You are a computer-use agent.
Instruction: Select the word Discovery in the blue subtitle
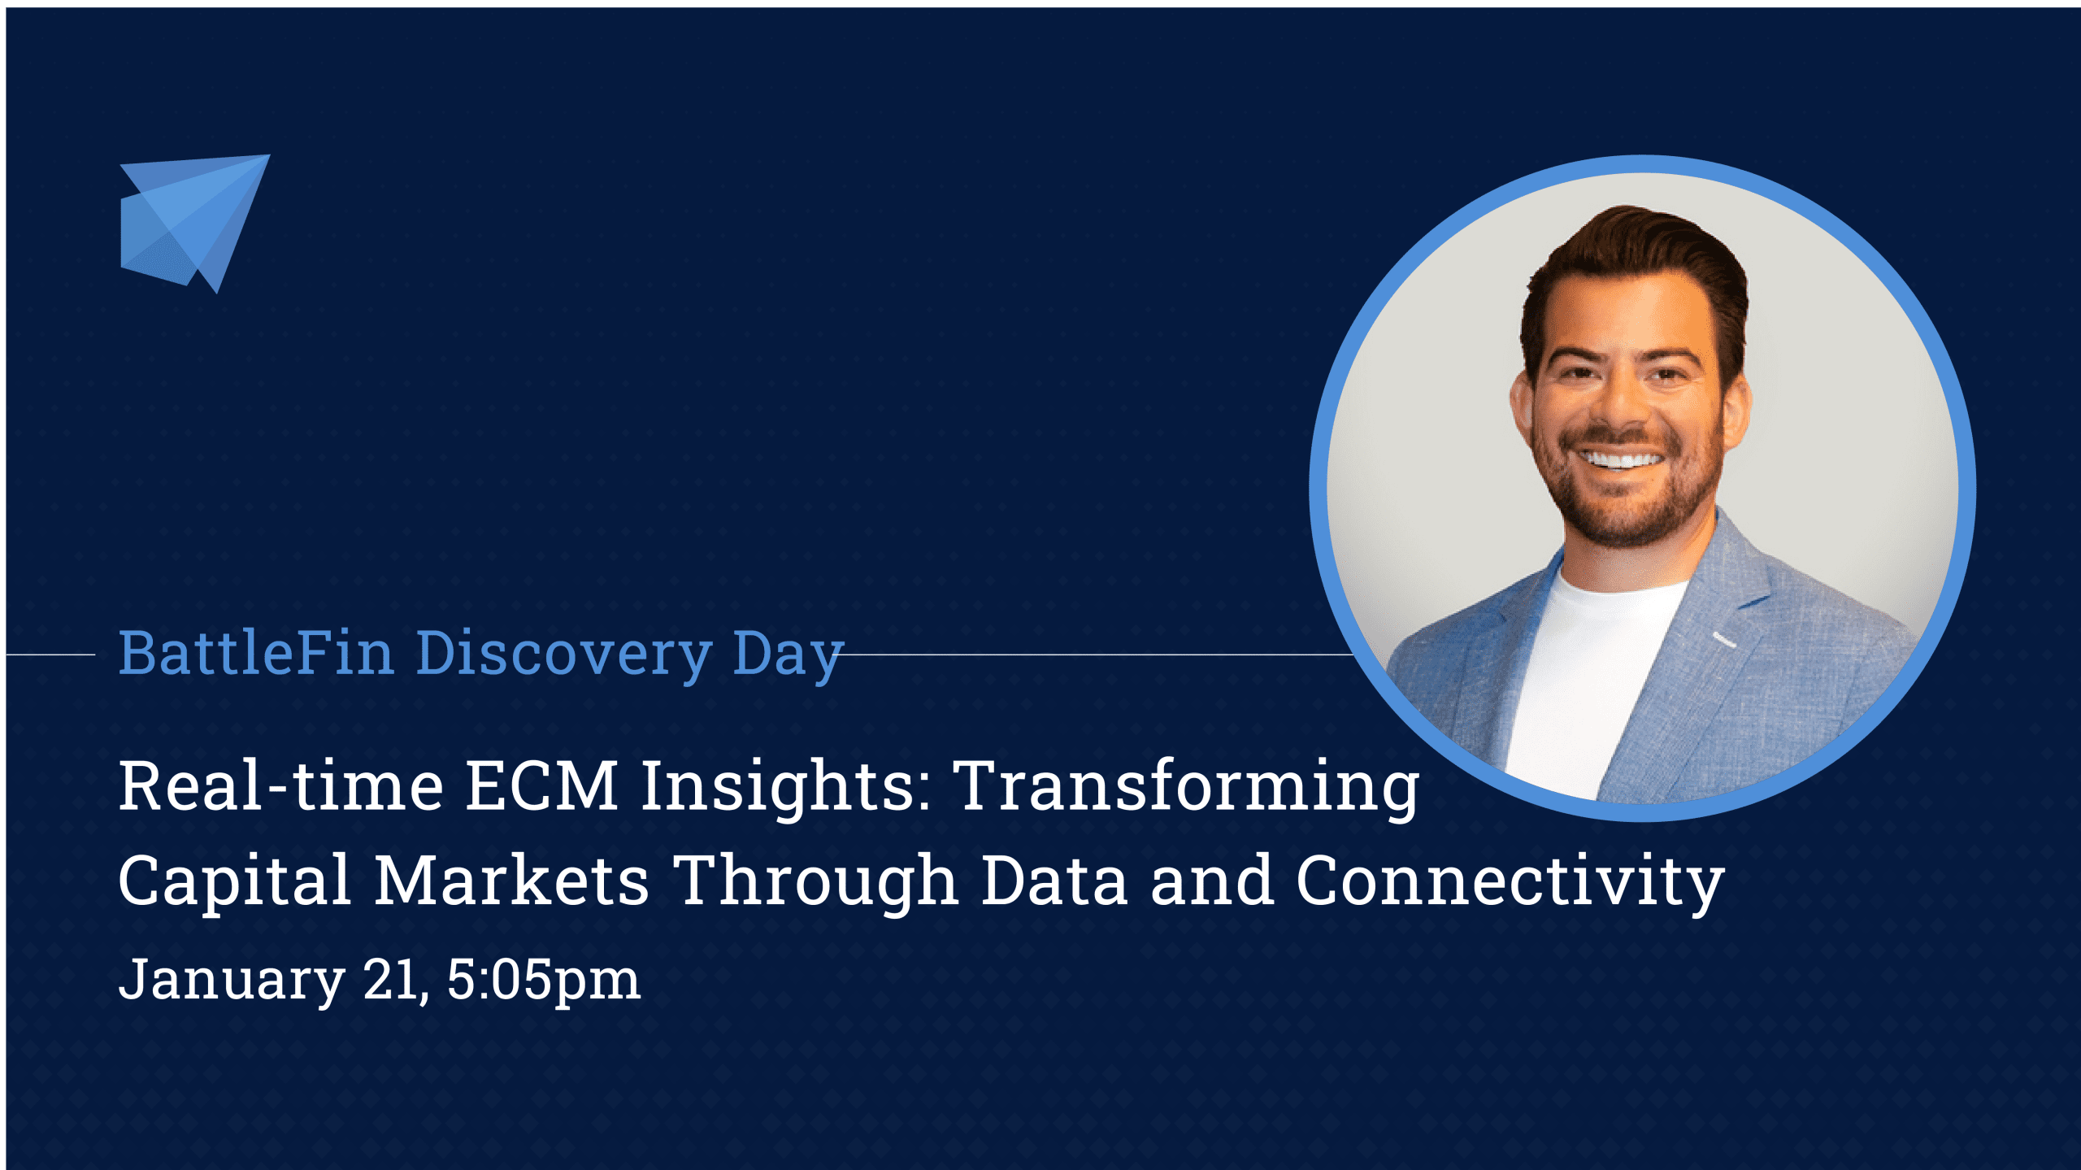coord(564,655)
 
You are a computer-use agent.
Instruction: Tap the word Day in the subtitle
coord(787,655)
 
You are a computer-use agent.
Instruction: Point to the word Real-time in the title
coord(281,786)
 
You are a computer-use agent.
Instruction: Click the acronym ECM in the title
coord(541,786)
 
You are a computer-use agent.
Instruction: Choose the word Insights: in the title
coord(786,786)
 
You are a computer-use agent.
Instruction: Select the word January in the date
coord(232,980)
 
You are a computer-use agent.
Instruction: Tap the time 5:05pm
coord(543,980)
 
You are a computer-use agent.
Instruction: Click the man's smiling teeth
coord(1623,460)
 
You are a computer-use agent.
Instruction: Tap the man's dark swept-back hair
coord(1634,252)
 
